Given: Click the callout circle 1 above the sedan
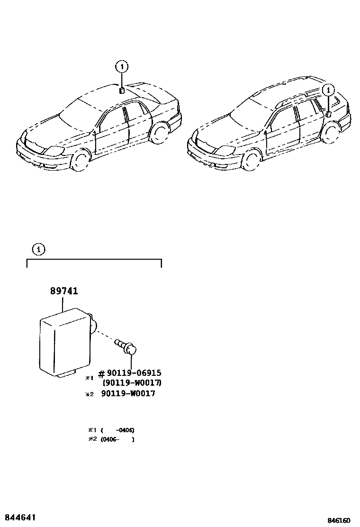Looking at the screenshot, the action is coord(122,67).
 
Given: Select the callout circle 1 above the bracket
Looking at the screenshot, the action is coord(39,248).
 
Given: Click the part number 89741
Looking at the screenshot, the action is coord(64,291).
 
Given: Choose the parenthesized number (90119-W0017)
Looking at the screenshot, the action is coord(132,383).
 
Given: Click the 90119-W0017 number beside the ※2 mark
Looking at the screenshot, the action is coord(128,394).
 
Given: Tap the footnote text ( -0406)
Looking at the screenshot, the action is coord(117,430).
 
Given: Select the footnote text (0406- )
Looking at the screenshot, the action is coord(117,439).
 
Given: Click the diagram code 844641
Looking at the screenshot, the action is coord(20,516).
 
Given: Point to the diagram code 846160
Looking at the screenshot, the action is coord(341,520).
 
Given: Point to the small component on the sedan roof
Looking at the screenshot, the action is coord(122,90).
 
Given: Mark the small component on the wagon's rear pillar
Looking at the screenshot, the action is coord(328,114).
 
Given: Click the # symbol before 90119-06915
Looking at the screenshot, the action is coord(101,373).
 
